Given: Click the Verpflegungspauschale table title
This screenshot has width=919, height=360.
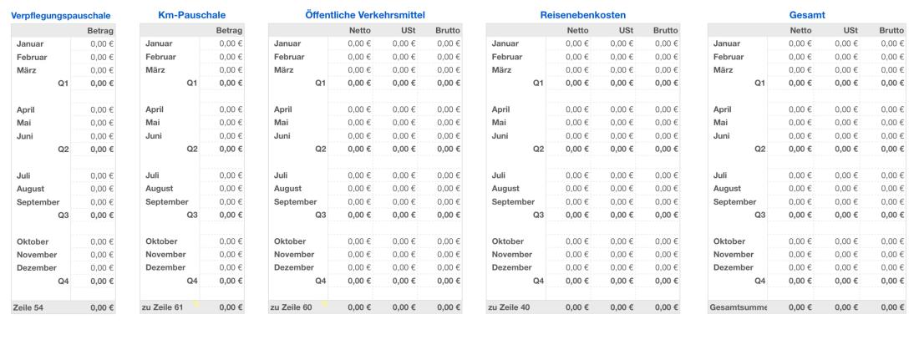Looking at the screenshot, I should pos(61,15).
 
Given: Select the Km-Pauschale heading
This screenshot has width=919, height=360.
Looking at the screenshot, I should pos(191,15).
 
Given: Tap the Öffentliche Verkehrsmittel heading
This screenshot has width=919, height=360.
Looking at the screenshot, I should pos(365,15).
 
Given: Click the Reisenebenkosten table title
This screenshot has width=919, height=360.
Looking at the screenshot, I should pos(583,15).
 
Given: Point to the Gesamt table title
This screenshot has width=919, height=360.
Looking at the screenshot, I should pos(805,15).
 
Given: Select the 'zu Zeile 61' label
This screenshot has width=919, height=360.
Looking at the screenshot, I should pos(163,308).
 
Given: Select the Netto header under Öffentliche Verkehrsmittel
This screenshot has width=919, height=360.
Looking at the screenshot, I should pos(358,30).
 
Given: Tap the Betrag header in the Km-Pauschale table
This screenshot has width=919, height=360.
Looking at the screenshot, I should pos(229,30).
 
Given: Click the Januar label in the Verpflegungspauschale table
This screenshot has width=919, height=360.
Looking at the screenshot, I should pos(29,43).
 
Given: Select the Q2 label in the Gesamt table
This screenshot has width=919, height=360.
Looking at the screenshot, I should pos(759,149).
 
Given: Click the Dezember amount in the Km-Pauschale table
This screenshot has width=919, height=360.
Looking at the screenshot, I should pos(230,268).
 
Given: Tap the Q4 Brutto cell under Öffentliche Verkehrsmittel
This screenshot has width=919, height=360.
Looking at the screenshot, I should pos(448,281).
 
